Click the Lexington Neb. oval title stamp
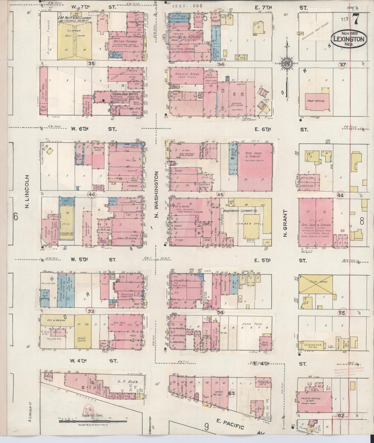(349, 39)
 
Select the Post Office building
(316, 102)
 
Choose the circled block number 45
(220, 194)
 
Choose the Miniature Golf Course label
(315, 32)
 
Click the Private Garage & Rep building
(311, 400)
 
